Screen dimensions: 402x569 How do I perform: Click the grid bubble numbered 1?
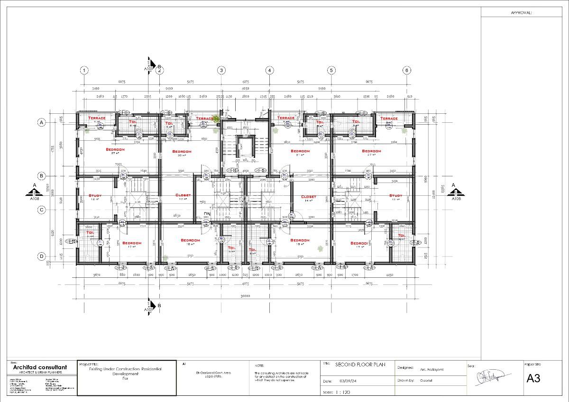pyautogui.click(x=84, y=70)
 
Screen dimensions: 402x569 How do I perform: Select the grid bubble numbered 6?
pyautogui.click(x=406, y=70)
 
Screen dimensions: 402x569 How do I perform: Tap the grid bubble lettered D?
pyautogui.click(x=42, y=256)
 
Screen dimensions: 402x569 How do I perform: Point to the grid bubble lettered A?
pyautogui.click(x=42, y=122)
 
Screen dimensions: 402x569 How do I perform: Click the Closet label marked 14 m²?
pyautogui.click(x=308, y=196)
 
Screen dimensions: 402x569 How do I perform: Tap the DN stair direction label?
pyautogui.click(x=207, y=213)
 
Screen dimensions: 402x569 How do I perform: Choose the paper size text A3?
pyautogui.click(x=533, y=378)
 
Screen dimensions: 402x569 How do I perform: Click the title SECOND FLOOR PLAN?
pyautogui.click(x=360, y=365)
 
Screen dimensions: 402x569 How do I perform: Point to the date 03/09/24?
pyautogui.click(x=348, y=381)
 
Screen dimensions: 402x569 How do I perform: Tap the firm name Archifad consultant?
pyautogui.click(x=40, y=367)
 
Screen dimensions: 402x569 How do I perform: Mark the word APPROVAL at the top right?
pyautogui.click(x=521, y=13)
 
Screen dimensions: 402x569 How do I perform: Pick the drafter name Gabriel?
pyautogui.click(x=425, y=381)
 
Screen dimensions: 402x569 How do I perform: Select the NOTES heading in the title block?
pyautogui.click(x=259, y=366)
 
